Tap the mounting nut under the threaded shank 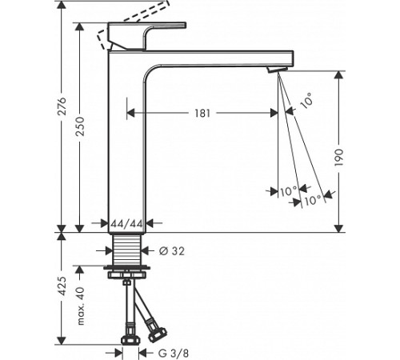126,272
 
